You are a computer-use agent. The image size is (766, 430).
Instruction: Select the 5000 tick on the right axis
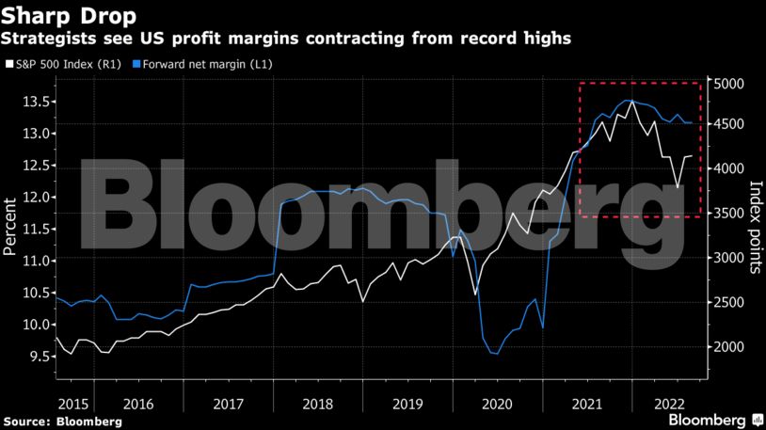tap(728, 85)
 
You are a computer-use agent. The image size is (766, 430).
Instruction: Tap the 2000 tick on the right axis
tap(728, 347)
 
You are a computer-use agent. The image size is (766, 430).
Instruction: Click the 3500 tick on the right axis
tap(728, 215)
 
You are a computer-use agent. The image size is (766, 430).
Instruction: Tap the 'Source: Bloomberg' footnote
tap(62, 422)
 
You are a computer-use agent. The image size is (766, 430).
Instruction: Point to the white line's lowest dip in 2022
tap(678, 187)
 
